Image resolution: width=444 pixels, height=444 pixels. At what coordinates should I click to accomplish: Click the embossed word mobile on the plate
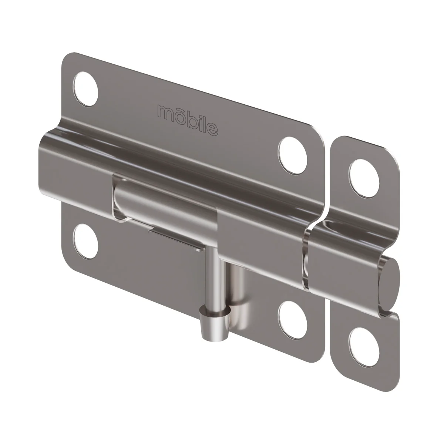click(187, 120)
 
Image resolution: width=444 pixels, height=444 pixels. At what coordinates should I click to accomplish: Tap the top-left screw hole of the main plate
click(86, 89)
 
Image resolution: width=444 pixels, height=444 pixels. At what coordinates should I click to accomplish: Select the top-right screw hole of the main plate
click(293, 155)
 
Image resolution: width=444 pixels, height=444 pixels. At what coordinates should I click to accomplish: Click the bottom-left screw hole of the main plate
click(85, 241)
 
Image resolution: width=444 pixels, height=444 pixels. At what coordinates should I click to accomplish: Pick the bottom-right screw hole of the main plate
click(293, 320)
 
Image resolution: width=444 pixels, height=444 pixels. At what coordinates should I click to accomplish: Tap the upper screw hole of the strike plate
click(364, 178)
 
